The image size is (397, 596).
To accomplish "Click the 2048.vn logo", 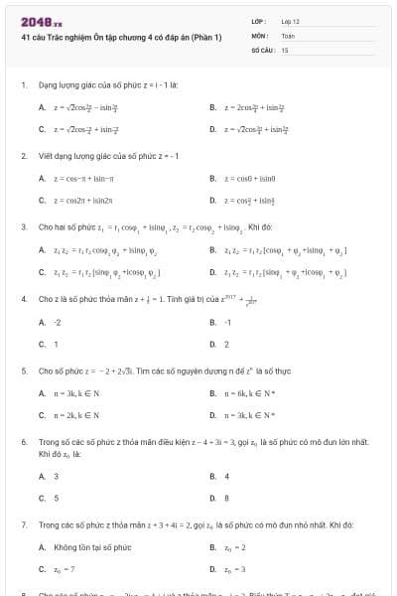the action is click(x=34, y=22).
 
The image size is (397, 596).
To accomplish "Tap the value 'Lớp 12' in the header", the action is click(x=290, y=21).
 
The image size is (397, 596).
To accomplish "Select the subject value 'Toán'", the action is click(x=288, y=35).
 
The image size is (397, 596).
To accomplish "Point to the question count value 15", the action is click(x=285, y=49).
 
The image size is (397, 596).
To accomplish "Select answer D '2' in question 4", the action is click(x=226, y=344).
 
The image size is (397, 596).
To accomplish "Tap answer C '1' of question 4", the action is click(x=56, y=344).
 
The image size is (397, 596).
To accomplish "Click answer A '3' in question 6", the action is click(x=56, y=477).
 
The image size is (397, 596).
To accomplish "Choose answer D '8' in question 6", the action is click(x=226, y=498).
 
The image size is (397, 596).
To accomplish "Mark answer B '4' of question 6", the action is click(x=226, y=477).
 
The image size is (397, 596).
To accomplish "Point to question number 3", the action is click(x=23, y=226).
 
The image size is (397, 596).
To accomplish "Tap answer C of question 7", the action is click(x=64, y=569).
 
